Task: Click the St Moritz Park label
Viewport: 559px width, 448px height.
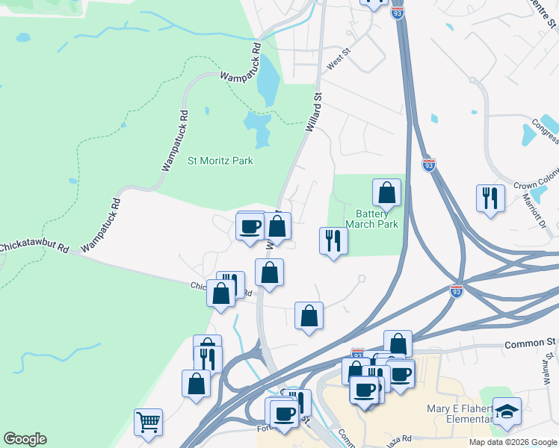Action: [220, 161]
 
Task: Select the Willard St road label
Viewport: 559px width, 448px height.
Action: [312, 112]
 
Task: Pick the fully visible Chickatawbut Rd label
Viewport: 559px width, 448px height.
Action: [34, 246]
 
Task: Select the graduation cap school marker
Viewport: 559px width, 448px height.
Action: [507, 411]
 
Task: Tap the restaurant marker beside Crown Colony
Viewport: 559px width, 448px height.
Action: [490, 198]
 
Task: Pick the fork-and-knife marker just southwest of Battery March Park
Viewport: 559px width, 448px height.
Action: [333, 240]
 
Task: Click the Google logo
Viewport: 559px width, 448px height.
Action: [25, 439]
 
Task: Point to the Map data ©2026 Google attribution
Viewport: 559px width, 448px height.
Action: [513, 442]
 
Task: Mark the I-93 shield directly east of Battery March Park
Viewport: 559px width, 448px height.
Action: [428, 164]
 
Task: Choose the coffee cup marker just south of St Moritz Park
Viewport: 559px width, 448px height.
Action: [250, 225]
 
